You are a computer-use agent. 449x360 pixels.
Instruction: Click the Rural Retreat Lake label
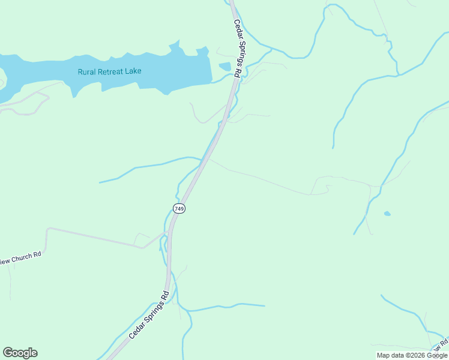109,71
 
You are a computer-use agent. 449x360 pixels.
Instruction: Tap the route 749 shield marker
179,208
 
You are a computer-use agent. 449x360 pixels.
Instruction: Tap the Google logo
20,353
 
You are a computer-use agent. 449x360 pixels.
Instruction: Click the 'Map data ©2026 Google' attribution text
412,355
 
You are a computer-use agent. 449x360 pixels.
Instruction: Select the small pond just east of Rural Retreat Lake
224,66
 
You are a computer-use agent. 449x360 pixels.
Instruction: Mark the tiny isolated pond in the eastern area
387,213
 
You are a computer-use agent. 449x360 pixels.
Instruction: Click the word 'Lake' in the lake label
133,71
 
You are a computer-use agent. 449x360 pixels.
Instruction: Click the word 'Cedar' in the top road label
236,29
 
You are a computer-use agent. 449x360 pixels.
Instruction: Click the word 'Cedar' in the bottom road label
135,329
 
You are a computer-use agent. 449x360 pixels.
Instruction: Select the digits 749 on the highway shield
179,208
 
